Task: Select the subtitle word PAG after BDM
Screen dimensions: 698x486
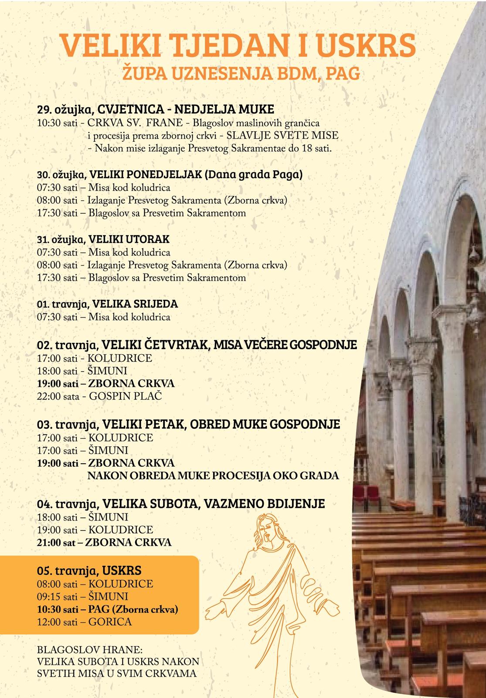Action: pyautogui.click(x=343, y=73)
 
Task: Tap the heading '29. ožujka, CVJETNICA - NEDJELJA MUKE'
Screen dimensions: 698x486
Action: pyautogui.click(x=156, y=109)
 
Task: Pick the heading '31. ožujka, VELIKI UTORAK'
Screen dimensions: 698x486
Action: pyautogui.click(x=103, y=240)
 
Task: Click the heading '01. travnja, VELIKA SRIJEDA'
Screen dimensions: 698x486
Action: pyautogui.click(x=108, y=304)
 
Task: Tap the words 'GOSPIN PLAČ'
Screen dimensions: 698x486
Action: pyautogui.click(x=125, y=396)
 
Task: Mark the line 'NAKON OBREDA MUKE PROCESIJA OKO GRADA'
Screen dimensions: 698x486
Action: pyautogui.click(x=213, y=475)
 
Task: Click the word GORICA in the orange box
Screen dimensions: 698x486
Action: pyautogui.click(x=110, y=622)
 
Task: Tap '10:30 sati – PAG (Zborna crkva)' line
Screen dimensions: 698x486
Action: pyautogui.click(x=108, y=609)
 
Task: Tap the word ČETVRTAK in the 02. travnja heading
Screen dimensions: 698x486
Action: pyautogui.click(x=166, y=345)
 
